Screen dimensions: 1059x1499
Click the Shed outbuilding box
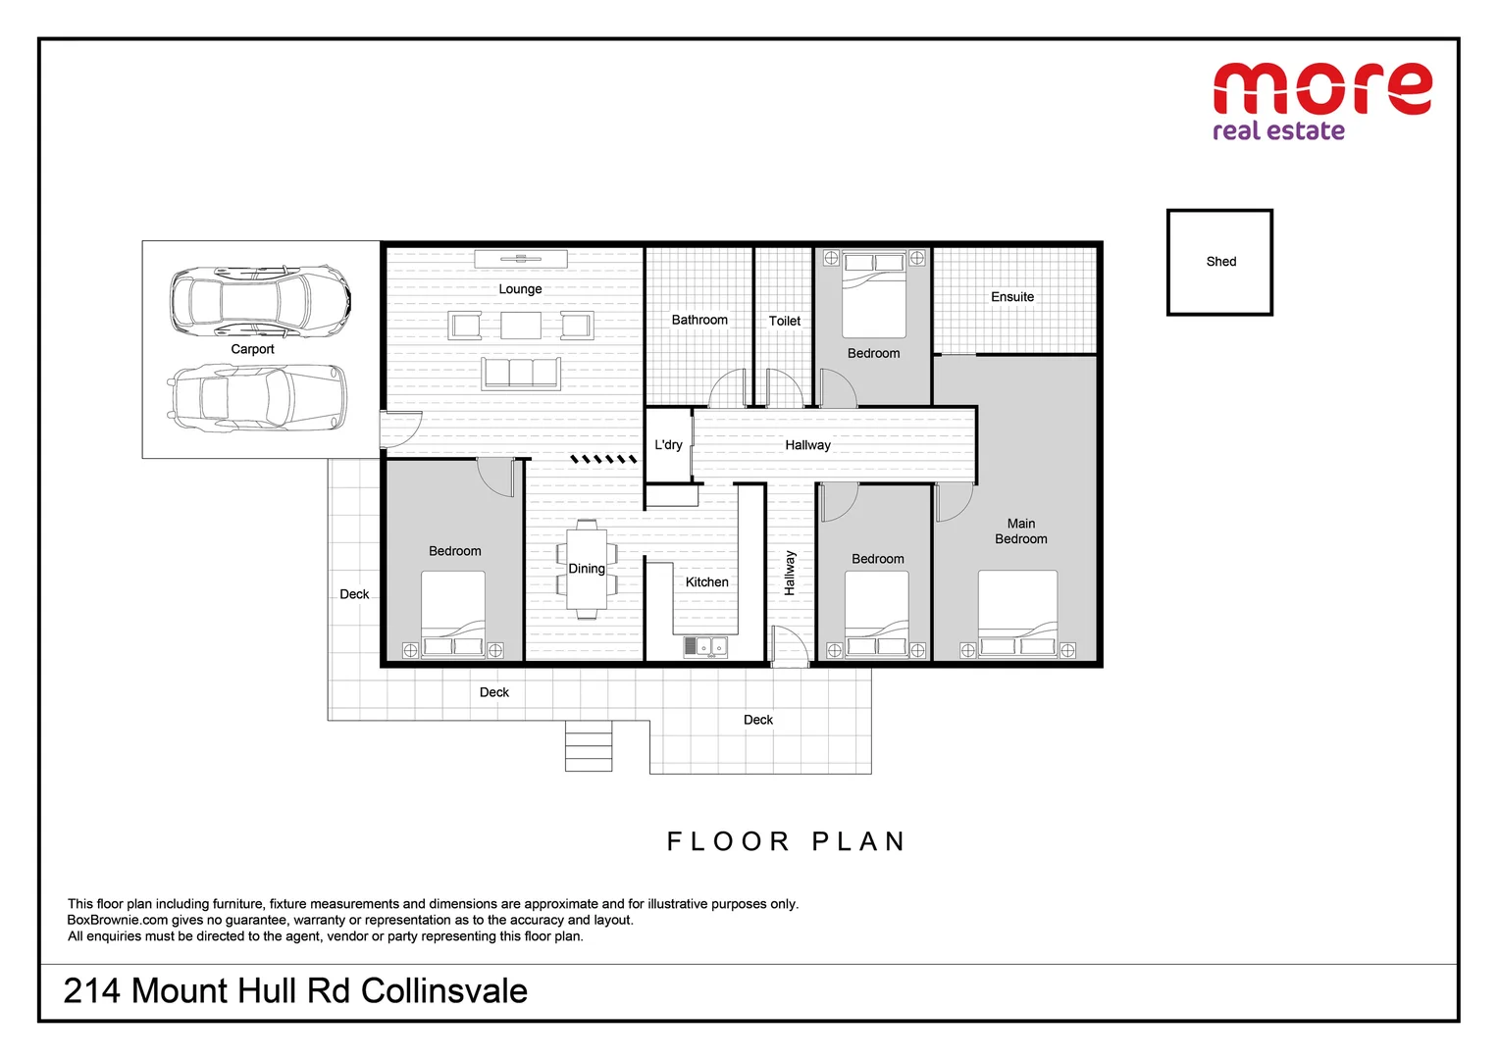point(1219,262)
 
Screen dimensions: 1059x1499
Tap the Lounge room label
point(520,289)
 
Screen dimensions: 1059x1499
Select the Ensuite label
point(1012,297)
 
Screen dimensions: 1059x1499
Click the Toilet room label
point(784,321)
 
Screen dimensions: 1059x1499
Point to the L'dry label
point(668,445)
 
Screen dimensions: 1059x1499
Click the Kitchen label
point(706,582)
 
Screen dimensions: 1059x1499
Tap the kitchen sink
point(705,647)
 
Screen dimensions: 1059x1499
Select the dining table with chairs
point(587,570)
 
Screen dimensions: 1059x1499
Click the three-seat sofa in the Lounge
point(520,374)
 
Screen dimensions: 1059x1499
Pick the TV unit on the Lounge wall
point(521,259)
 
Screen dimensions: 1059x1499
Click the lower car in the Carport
point(257,398)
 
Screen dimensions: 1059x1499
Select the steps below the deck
point(589,746)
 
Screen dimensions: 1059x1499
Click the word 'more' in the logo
point(1321,89)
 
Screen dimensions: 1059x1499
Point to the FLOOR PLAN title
point(786,841)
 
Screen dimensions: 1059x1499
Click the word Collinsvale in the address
point(444,991)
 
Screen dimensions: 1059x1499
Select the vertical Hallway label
point(790,574)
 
